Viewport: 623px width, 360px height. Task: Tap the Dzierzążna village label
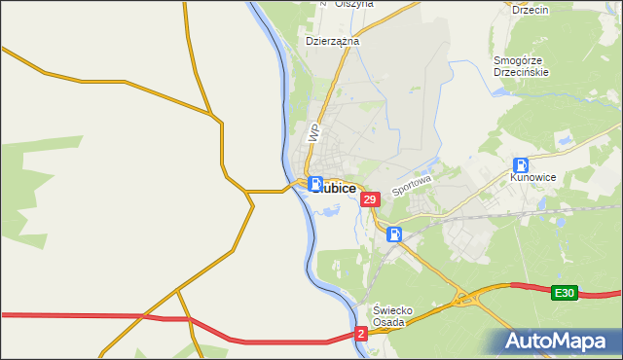pyautogui.click(x=333, y=42)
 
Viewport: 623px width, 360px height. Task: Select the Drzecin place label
pyautogui.click(x=531, y=9)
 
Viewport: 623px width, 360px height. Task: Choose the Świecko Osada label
pyautogui.click(x=393, y=316)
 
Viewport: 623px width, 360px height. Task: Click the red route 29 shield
pyautogui.click(x=369, y=199)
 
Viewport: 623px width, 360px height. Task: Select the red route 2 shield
pyautogui.click(x=361, y=334)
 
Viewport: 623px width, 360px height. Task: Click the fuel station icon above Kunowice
pyautogui.click(x=521, y=165)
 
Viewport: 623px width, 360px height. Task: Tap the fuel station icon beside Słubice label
pyautogui.click(x=315, y=183)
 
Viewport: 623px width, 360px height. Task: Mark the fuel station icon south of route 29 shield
pyautogui.click(x=393, y=234)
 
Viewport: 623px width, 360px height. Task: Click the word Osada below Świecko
pyautogui.click(x=393, y=323)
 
